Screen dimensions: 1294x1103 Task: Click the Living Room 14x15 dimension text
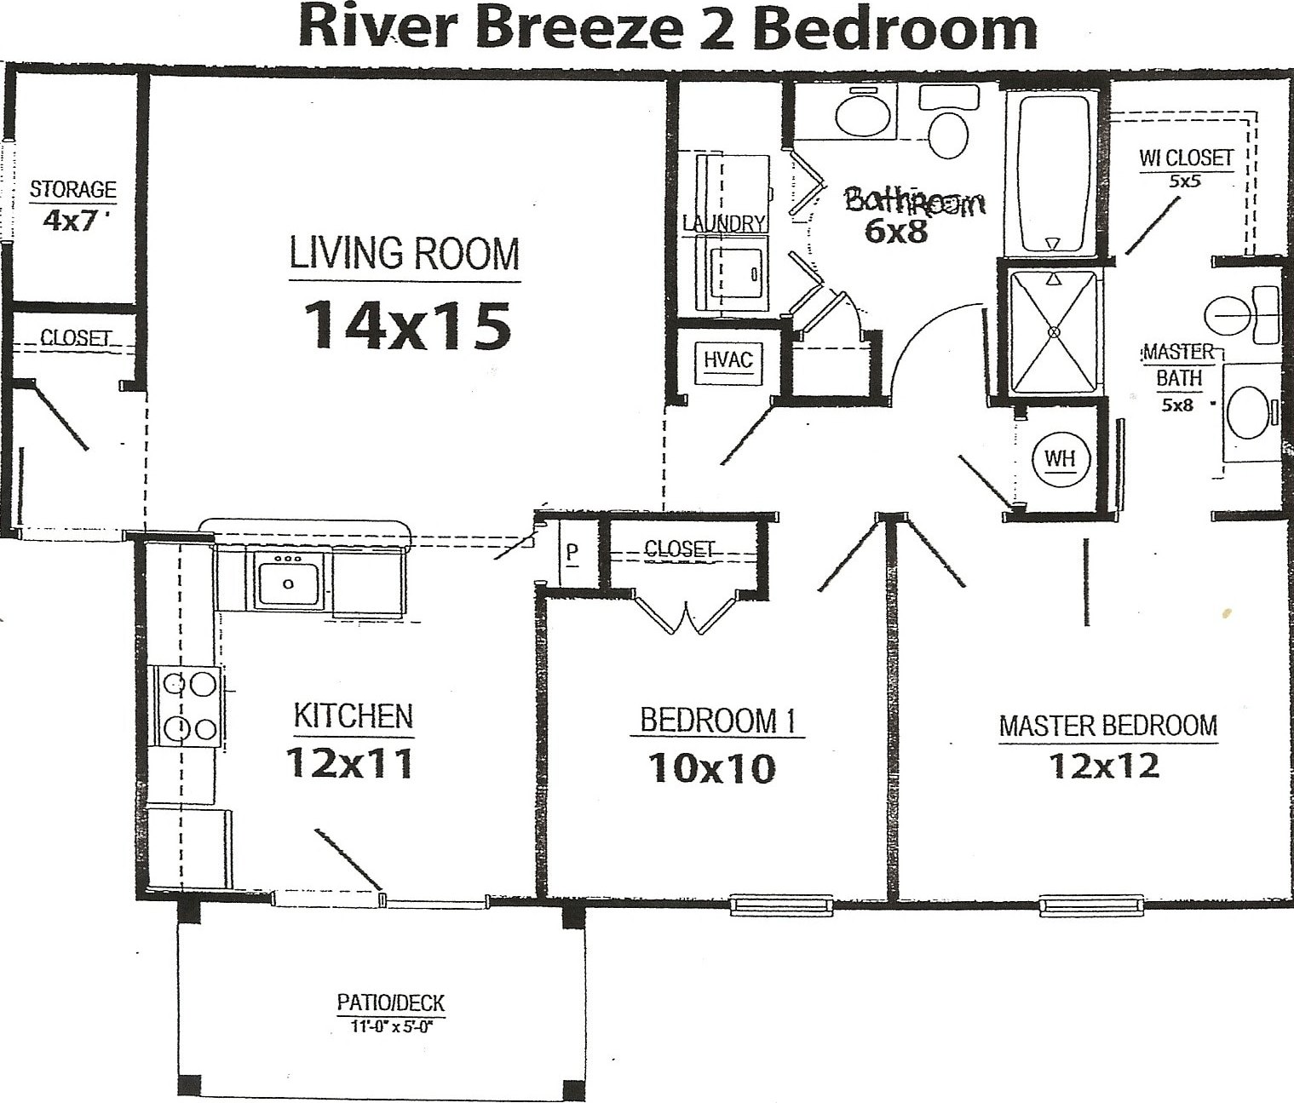(406, 325)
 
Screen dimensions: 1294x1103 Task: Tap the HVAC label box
(728, 361)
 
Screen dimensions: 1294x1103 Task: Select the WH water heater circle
(1060, 459)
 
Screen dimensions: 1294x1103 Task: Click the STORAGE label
(73, 189)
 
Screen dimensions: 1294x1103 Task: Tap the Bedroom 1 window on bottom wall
(783, 905)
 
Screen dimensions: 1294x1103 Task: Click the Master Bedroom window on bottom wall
(1089, 905)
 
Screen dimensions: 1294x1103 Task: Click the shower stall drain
(1055, 331)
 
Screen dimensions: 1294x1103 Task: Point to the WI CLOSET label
(1186, 158)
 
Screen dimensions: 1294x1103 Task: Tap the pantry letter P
(571, 554)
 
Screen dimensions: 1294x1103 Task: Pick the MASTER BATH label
(1179, 365)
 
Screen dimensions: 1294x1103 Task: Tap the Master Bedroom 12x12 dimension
(1104, 765)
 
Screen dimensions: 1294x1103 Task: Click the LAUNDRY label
(724, 223)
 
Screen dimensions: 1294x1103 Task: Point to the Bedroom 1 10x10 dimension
(712, 768)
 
